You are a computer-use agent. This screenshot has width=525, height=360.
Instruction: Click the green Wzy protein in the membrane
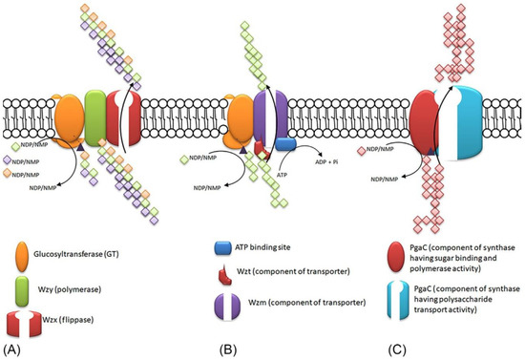94,119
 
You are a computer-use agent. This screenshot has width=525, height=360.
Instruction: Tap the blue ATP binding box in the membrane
285,143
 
